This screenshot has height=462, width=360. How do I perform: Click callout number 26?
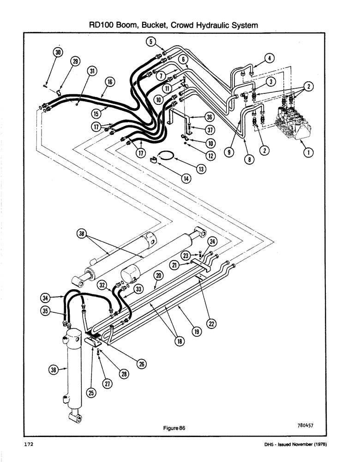[x=141, y=364]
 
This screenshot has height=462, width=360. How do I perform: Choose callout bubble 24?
[x=212, y=241]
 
